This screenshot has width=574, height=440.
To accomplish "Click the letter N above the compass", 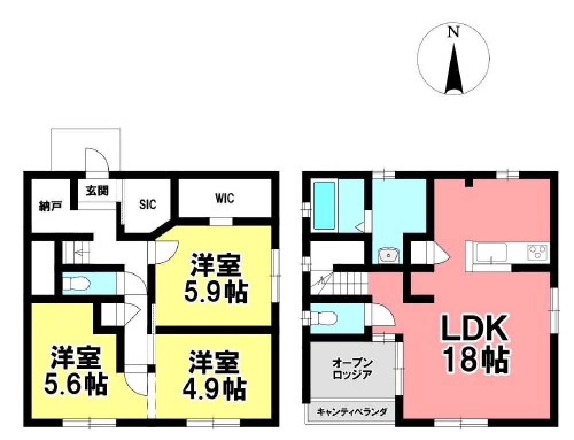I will (453, 33).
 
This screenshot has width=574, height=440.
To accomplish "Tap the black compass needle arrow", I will (453, 69).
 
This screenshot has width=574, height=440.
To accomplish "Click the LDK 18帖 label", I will (474, 345).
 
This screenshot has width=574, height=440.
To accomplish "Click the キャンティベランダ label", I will (352, 412).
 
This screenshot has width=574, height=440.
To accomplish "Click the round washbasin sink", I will (389, 254).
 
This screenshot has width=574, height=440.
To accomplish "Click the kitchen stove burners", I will (538, 252).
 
